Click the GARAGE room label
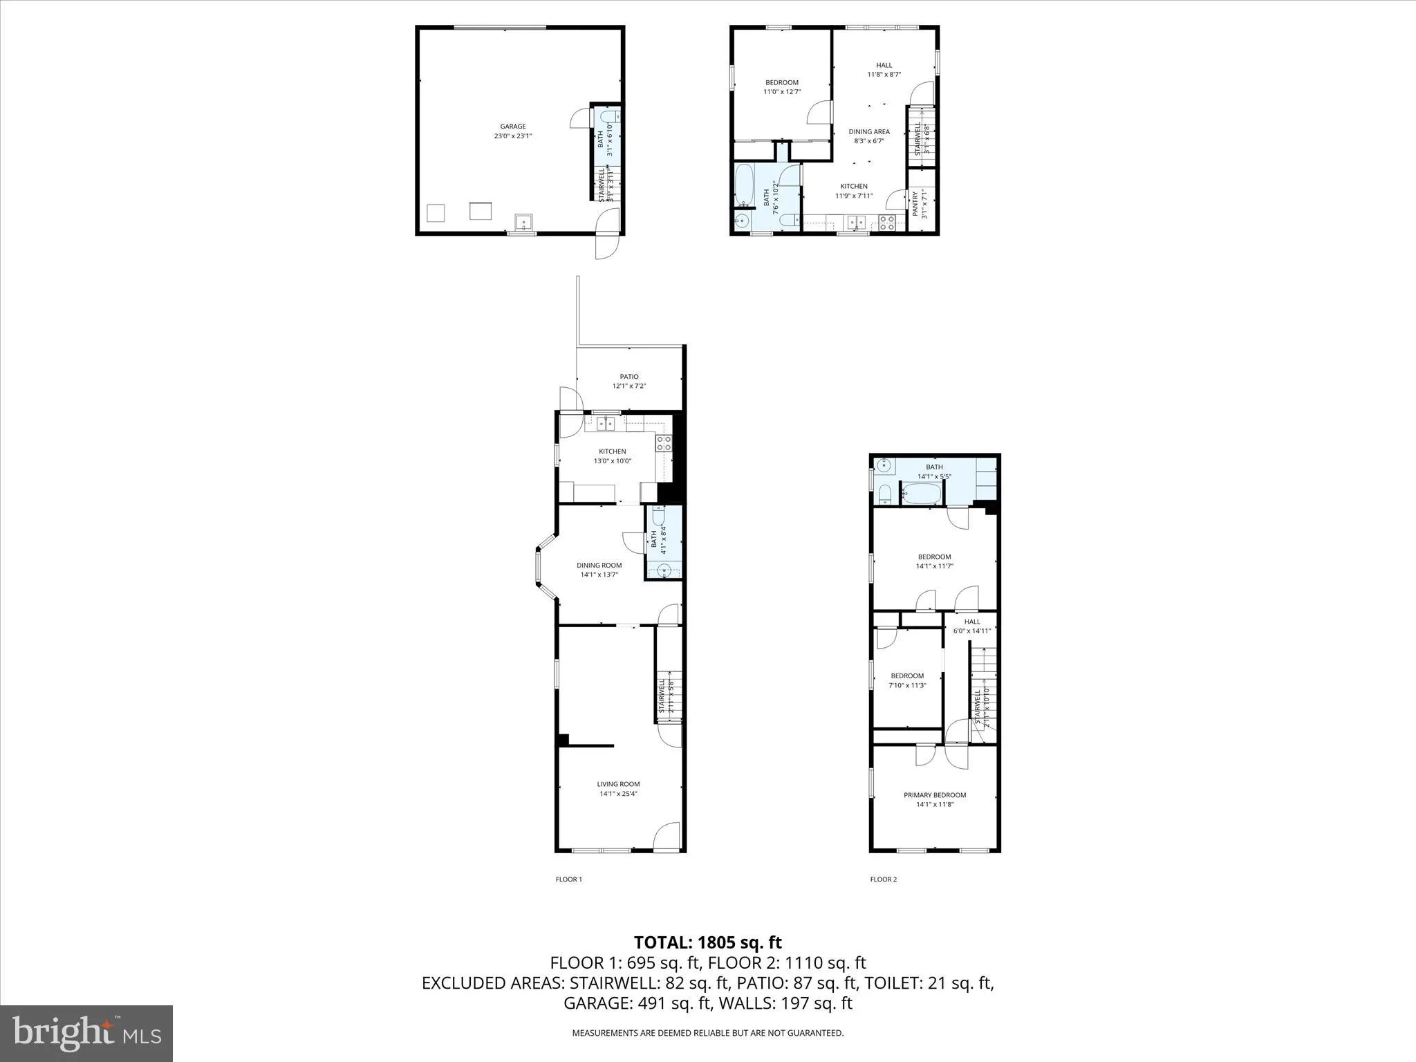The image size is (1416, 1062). (513, 127)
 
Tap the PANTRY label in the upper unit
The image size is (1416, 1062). (915, 205)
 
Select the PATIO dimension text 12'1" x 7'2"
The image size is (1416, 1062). (628, 386)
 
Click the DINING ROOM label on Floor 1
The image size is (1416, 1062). (599, 566)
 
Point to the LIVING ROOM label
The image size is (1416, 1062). (618, 784)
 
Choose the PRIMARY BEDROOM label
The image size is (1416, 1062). (935, 795)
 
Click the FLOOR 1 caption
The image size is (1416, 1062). (569, 879)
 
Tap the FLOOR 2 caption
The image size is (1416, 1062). (883, 879)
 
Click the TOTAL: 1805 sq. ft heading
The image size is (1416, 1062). (707, 942)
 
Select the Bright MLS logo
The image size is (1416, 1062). (86, 1033)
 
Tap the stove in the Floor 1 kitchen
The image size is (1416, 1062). (664, 443)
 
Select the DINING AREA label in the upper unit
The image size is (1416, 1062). (869, 132)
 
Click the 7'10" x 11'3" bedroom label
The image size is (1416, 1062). (907, 680)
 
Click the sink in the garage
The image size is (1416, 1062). (523, 223)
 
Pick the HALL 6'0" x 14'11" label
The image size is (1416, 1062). (972, 626)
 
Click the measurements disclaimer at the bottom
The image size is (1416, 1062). (707, 1033)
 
